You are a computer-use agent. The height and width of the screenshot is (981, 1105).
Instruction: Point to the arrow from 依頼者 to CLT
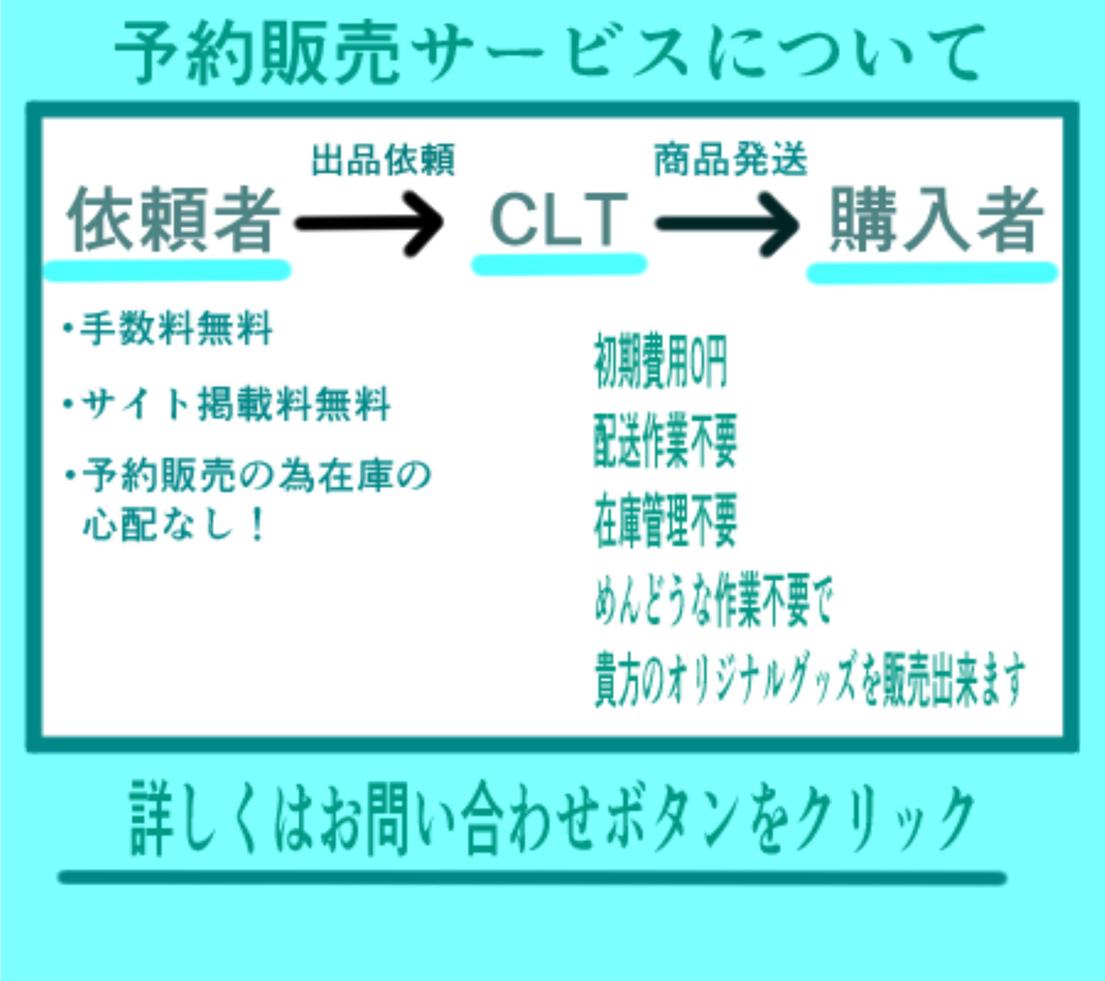pyautogui.click(x=370, y=223)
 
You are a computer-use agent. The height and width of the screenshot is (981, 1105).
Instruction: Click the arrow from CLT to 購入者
pyautogui.click(x=728, y=223)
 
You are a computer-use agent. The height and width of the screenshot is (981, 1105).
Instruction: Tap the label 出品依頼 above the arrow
pyautogui.click(x=383, y=160)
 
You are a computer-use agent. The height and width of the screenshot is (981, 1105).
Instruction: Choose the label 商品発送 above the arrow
pyautogui.click(x=730, y=160)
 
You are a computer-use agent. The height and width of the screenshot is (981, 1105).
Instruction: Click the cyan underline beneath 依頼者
pyautogui.click(x=168, y=270)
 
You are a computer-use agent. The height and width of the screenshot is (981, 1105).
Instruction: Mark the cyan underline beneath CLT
pyautogui.click(x=559, y=265)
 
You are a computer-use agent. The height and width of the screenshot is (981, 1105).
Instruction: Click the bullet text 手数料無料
pyautogui.click(x=176, y=329)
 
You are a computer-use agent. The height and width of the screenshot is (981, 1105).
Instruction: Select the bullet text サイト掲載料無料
pyautogui.click(x=235, y=404)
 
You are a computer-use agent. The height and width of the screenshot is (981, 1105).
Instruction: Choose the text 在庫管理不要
pyautogui.click(x=665, y=521)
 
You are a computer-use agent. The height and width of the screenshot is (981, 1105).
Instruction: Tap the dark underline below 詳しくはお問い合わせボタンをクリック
pyautogui.click(x=532, y=878)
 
